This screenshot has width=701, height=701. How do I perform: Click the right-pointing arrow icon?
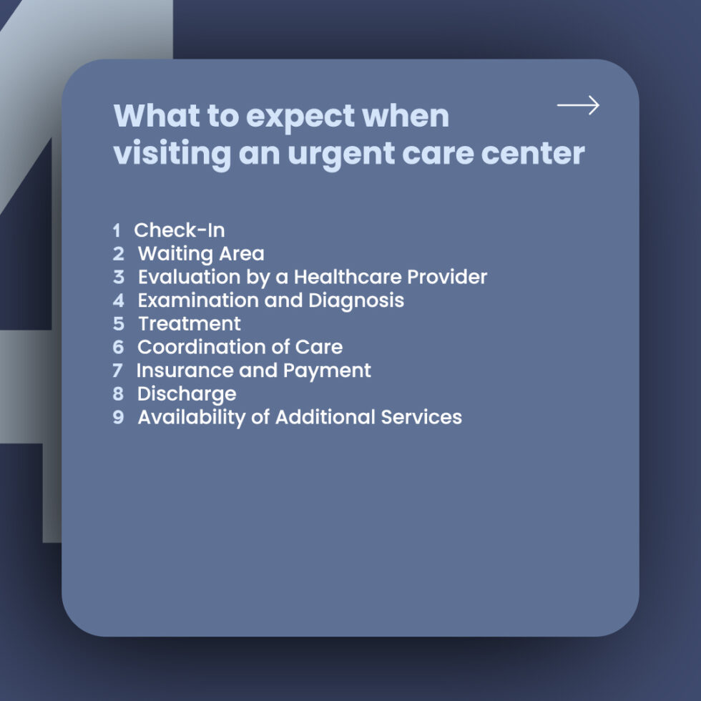coord(578,105)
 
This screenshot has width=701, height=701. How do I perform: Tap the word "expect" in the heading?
coord(301,117)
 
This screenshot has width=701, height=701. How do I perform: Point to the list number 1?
coord(117,230)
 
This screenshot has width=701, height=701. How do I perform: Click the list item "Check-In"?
coord(180,230)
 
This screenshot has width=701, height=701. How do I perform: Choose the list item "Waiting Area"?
coord(201,254)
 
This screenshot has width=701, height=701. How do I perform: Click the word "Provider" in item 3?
coord(446,277)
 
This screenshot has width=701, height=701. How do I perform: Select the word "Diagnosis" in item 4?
coord(356,300)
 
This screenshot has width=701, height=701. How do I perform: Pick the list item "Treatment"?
coord(190,323)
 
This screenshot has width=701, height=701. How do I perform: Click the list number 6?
coord(118,347)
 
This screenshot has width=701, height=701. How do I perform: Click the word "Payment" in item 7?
coord(327,371)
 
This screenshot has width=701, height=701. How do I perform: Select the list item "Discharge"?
coord(187,394)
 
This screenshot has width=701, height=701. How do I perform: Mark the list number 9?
coord(118,417)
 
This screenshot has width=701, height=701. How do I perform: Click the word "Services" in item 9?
coord(421,417)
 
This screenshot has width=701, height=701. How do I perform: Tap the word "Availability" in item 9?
coord(192,418)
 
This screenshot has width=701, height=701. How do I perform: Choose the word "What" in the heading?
coord(157,116)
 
